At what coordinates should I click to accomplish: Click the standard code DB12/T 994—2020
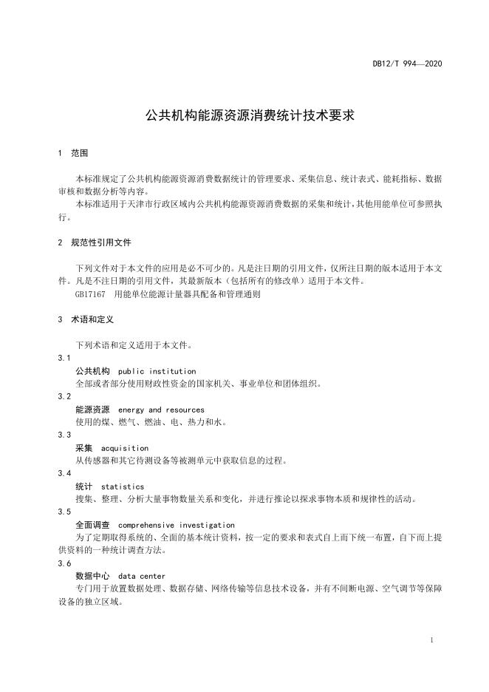point(407,65)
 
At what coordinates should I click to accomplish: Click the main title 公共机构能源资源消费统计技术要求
point(240,116)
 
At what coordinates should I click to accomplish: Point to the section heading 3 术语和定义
point(85,320)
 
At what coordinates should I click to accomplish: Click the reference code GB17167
point(91,294)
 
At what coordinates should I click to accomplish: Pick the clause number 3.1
point(64,358)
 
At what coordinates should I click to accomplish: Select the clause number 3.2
point(64,396)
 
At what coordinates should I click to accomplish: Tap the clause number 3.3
point(64,435)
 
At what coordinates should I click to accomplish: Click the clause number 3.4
point(64,473)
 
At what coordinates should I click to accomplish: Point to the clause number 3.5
point(64,512)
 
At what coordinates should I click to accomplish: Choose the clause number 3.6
point(64,563)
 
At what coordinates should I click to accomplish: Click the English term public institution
point(157,371)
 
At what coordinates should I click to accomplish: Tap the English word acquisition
point(125,448)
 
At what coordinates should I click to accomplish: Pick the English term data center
point(142,576)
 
